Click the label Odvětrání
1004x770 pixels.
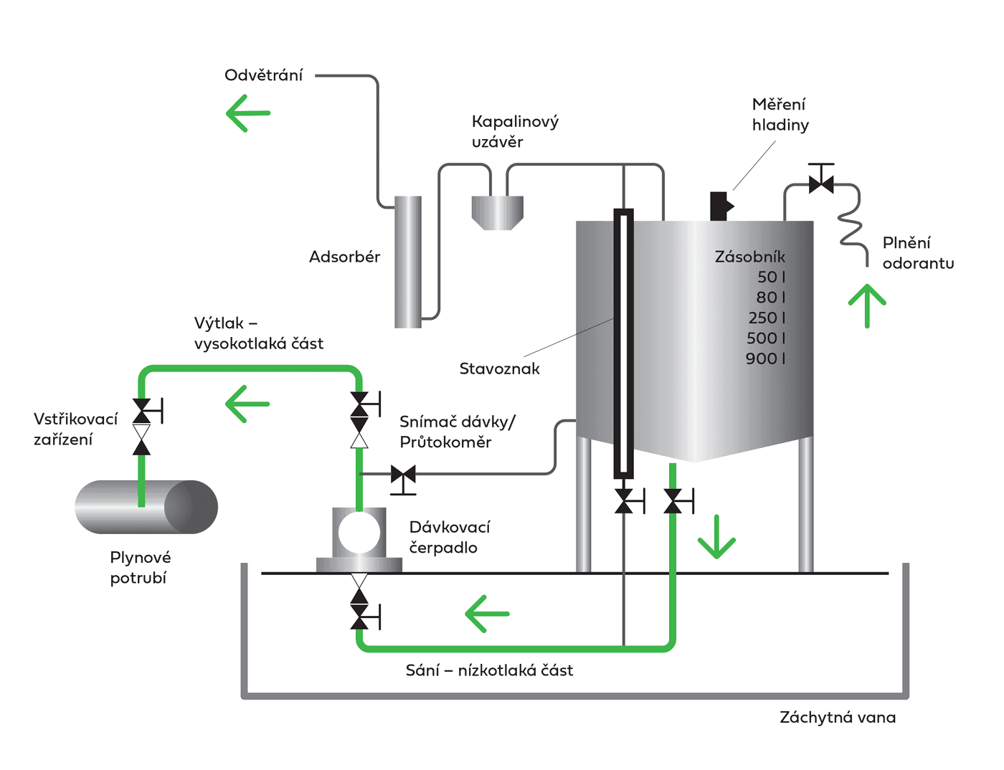pos(263,75)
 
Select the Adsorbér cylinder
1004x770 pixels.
pos(408,262)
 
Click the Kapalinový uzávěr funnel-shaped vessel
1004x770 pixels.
pos(497,212)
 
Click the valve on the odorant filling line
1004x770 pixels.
pos(821,184)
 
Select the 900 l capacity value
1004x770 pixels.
pos(765,358)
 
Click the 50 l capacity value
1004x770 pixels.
pos(771,277)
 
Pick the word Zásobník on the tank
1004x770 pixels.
pos(749,257)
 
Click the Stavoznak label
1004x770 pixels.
pos(499,369)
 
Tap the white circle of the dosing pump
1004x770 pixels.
pos(359,532)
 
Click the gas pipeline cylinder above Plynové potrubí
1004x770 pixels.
pos(146,507)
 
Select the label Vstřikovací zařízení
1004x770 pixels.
pos(75,429)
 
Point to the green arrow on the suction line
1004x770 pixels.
pos(487,614)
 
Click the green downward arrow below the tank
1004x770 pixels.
pos(716,537)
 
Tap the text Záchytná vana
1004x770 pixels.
pos(837,718)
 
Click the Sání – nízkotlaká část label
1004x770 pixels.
pos(489,670)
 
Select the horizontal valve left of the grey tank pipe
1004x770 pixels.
pos(403,475)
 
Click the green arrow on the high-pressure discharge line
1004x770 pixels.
pos(247,404)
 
